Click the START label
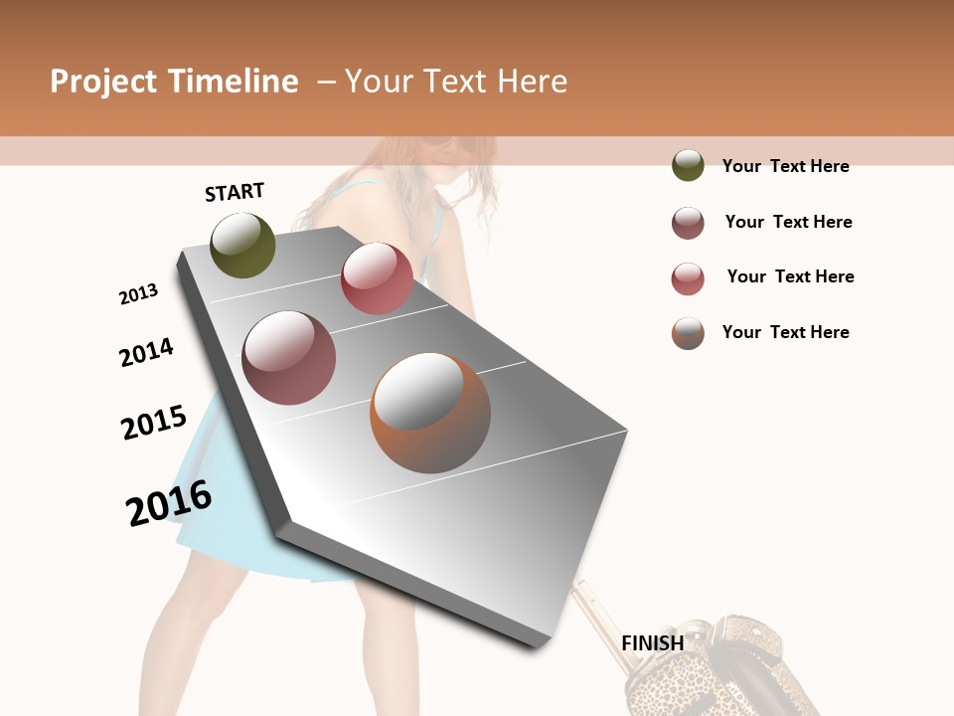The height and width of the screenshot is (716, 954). click(235, 192)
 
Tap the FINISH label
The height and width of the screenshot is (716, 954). click(652, 643)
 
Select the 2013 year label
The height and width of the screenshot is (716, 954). click(138, 294)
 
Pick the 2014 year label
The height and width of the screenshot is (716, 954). click(146, 352)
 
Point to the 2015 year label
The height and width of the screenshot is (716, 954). click(154, 423)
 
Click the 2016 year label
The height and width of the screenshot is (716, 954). click(169, 502)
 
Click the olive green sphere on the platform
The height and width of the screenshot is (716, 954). click(242, 245)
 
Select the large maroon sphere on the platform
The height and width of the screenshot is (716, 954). click(289, 357)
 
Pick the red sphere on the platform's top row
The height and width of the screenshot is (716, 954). click(377, 277)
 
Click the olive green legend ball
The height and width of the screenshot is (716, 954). click(688, 165)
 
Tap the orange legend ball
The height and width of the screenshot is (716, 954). click(688, 333)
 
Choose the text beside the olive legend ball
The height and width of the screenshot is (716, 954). click(785, 166)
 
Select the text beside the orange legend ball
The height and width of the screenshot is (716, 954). click(785, 332)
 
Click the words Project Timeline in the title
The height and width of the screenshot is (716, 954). click(174, 82)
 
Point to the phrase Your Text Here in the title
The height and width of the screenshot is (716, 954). click(456, 82)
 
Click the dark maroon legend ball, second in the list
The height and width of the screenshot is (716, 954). click(688, 223)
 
